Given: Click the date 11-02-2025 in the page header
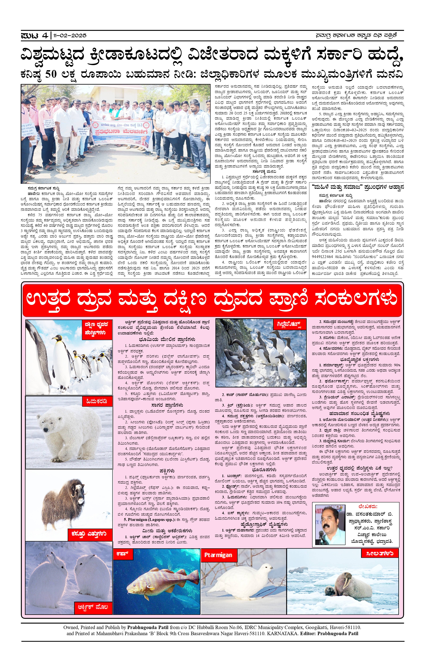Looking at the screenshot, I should coord(70,35).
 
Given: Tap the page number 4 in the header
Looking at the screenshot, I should coord(45,35).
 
